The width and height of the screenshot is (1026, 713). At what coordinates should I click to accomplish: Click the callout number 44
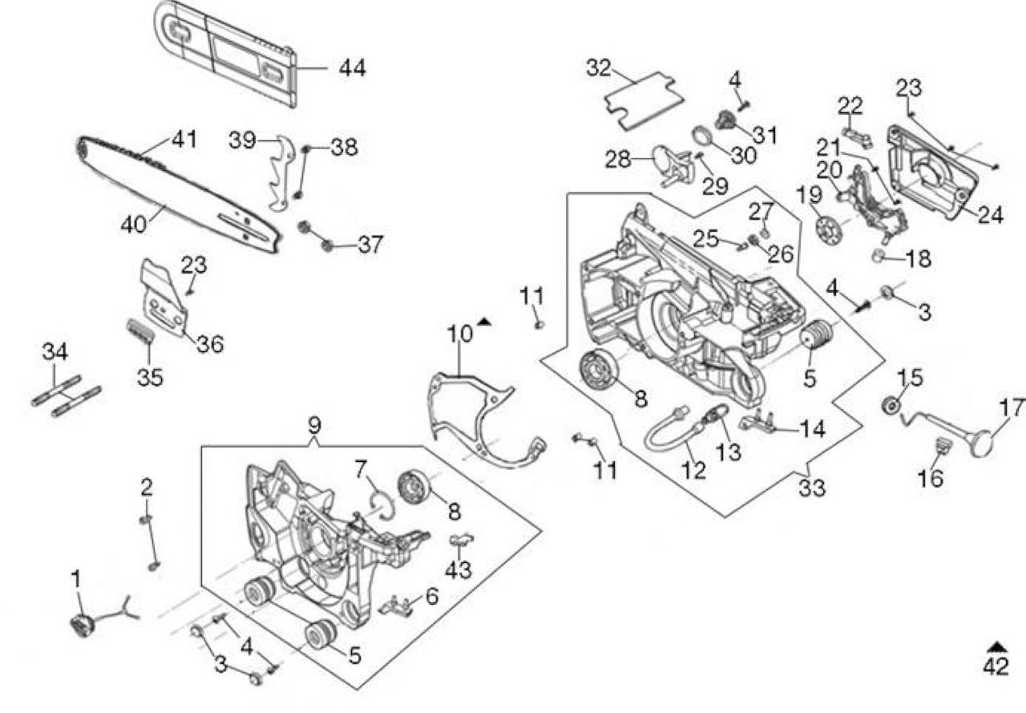click(x=352, y=68)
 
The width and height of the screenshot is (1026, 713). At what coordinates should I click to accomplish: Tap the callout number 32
click(x=599, y=68)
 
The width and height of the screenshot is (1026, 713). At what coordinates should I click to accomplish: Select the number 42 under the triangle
click(x=996, y=666)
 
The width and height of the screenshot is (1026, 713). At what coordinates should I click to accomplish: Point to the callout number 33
click(x=812, y=488)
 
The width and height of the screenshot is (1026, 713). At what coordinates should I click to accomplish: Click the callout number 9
click(x=314, y=426)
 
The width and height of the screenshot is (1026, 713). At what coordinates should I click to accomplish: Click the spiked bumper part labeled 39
click(x=281, y=173)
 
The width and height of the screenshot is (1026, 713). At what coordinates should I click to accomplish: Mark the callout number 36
click(x=210, y=344)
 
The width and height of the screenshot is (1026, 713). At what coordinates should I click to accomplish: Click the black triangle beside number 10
click(x=483, y=322)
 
